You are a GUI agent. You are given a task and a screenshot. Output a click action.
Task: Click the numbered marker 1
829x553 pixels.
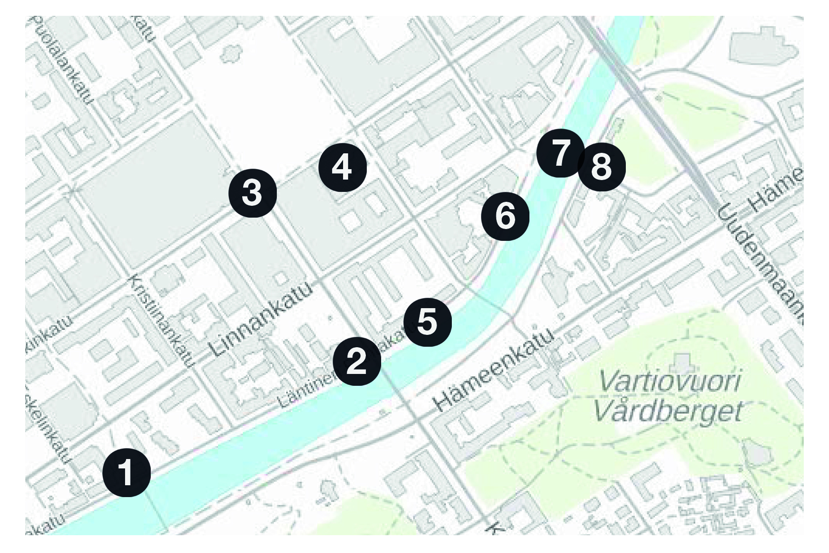pos(127,472)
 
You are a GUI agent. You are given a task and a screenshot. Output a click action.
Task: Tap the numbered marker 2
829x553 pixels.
pos(357,362)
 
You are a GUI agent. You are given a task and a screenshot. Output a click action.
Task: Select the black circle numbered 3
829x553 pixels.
pos(252,193)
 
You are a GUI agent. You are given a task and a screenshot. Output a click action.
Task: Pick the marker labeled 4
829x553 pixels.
pos(343,167)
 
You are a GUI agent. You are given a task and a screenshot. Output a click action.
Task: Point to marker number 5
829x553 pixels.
pos(428,322)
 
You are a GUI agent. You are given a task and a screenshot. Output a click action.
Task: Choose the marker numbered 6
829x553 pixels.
pos(506,217)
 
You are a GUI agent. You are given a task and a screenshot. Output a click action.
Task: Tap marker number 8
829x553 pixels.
pos(602,167)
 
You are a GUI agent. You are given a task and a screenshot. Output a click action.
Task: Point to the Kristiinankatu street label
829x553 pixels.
pos(159,321)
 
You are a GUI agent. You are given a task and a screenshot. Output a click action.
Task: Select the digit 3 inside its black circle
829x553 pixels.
pos(252,193)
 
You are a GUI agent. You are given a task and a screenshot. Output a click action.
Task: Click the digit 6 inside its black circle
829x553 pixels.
pos(506,217)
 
